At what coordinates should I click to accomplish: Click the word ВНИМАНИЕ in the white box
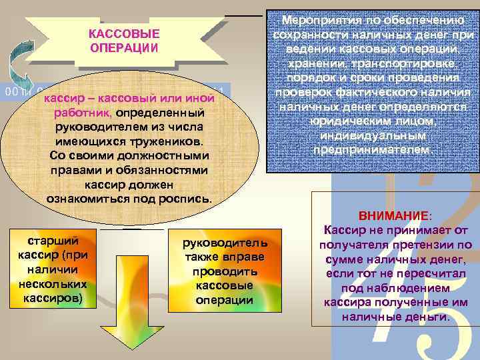tap(394, 217)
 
